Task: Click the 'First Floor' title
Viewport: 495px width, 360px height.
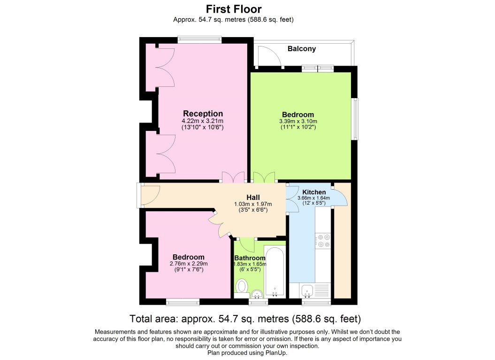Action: point(234,9)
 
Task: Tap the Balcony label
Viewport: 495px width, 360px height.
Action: point(302,49)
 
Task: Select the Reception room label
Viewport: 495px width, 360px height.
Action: point(203,114)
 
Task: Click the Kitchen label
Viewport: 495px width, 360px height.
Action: point(314,192)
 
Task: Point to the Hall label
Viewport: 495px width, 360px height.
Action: point(253,198)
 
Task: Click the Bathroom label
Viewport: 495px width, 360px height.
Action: point(250,258)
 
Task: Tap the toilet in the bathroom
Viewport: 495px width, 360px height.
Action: point(242,287)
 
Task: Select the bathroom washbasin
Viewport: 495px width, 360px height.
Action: point(258,294)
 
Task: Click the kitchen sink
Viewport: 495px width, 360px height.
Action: point(307,291)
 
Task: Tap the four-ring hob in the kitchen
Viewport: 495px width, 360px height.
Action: point(323,240)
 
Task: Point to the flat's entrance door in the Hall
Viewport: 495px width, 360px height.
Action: point(150,195)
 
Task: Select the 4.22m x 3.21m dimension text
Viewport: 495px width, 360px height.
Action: point(202,121)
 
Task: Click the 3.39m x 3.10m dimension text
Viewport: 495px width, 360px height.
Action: point(298,121)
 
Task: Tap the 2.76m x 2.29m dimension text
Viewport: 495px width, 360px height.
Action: point(189,264)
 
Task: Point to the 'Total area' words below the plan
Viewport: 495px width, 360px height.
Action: point(154,319)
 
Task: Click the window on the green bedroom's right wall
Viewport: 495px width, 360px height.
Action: point(356,119)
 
